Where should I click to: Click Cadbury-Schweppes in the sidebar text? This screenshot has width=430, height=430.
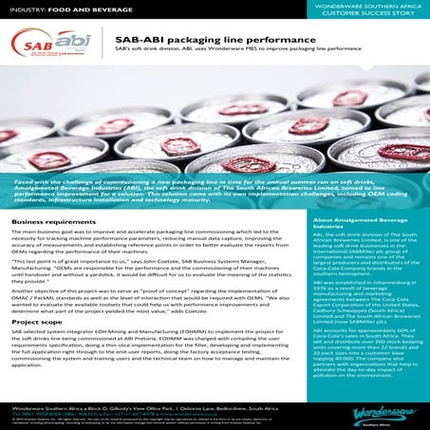click(345, 346)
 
